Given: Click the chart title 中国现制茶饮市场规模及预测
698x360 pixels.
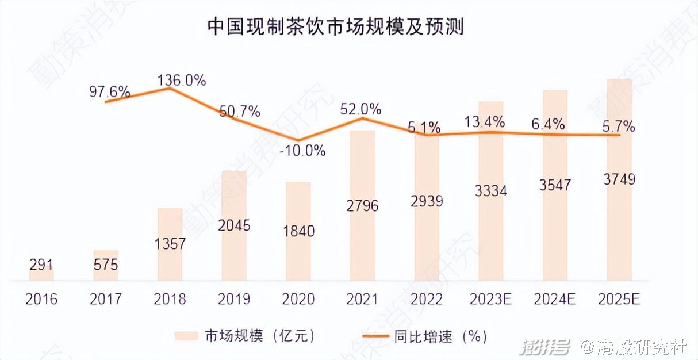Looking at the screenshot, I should (x=335, y=26).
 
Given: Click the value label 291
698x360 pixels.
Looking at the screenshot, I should (x=41, y=265).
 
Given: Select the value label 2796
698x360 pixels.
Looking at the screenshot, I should (x=362, y=205).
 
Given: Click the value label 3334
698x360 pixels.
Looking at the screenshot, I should (x=491, y=191).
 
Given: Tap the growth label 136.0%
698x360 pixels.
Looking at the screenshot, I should (x=182, y=80).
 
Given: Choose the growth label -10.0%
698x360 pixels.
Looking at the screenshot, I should (x=303, y=151).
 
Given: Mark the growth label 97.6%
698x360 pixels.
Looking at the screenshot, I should (x=110, y=91).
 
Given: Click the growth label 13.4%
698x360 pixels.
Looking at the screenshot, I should (x=486, y=122).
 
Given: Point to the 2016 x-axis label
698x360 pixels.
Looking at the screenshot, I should (x=41, y=300).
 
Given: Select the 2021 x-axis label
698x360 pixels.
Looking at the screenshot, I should (x=362, y=300).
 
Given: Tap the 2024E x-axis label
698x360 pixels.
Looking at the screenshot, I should (x=555, y=300).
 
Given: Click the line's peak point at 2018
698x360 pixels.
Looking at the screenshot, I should (x=170, y=88).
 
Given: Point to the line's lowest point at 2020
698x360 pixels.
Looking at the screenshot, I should (x=298, y=140).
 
